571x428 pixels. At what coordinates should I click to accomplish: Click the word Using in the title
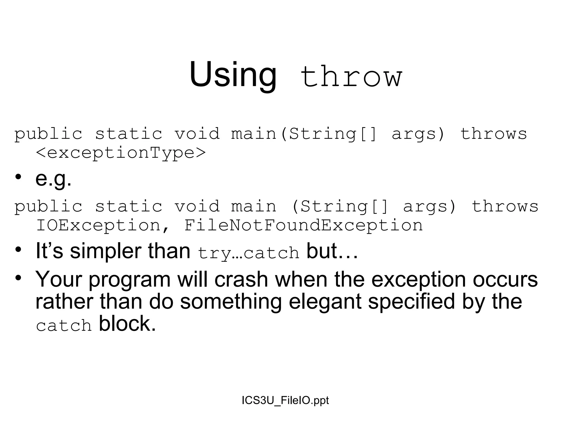pyautogui.click(x=233, y=75)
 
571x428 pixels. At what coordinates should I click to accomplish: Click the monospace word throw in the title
pyautogui.click(x=351, y=76)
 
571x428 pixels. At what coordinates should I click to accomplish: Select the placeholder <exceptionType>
pyautogui.click(x=121, y=153)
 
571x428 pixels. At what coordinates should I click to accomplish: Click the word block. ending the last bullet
pyautogui.click(x=127, y=324)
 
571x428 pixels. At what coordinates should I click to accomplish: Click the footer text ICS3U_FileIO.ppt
pyautogui.click(x=285, y=400)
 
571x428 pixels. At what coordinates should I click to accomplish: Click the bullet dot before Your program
pyautogui.click(x=18, y=278)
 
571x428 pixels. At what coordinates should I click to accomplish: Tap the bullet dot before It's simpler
pyautogui.click(x=18, y=249)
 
